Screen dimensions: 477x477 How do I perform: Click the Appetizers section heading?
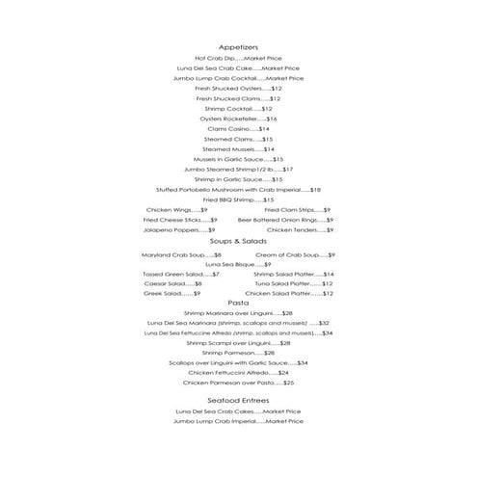click(x=238, y=46)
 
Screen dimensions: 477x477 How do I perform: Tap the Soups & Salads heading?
click(x=238, y=241)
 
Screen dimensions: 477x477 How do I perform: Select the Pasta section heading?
click(x=238, y=302)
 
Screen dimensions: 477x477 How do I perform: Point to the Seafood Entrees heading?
click(x=238, y=399)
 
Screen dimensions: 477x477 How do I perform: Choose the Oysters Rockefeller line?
click(x=238, y=119)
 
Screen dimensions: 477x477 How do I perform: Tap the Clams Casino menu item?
click(x=238, y=128)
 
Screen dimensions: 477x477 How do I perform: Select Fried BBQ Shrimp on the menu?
click(x=238, y=199)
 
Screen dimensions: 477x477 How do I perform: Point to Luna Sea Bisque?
click(x=238, y=264)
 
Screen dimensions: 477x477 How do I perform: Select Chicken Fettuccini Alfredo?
click(x=238, y=372)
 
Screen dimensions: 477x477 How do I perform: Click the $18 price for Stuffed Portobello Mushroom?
click(x=315, y=190)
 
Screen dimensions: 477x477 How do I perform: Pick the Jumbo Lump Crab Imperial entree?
click(x=238, y=421)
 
